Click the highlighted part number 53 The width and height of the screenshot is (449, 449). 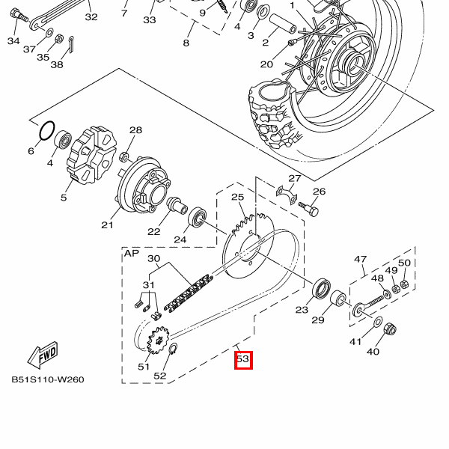point(242,360)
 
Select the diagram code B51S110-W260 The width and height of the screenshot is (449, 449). point(47,379)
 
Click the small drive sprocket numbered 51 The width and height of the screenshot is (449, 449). point(158,343)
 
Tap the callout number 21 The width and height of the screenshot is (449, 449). point(106,224)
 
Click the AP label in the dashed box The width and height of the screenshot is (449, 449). point(132,254)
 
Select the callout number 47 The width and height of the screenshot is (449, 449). point(361,260)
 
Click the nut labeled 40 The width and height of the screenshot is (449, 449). point(389,329)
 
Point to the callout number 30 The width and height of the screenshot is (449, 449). point(153,259)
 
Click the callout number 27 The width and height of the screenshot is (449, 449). point(295,179)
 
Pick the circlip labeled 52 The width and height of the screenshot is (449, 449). point(172,351)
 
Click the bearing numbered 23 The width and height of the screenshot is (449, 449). point(322,287)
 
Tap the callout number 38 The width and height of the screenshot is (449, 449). point(57,64)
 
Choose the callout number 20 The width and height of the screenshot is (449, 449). point(266,64)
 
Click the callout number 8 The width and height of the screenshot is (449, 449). point(186,43)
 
